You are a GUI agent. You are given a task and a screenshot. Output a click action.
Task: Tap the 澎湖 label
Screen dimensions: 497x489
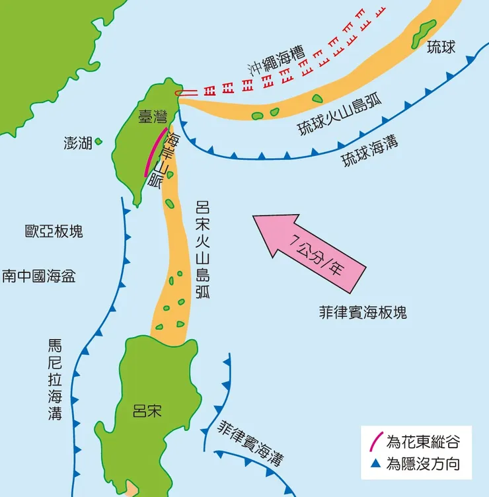[78, 143]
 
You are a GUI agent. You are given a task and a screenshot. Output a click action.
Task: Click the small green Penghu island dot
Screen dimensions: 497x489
[98, 141]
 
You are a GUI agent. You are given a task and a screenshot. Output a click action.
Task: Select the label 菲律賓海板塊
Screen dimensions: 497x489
[362, 312]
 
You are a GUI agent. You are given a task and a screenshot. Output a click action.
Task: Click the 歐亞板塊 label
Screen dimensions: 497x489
[54, 231]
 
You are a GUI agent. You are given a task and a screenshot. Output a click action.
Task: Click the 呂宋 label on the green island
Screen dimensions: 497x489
[147, 412]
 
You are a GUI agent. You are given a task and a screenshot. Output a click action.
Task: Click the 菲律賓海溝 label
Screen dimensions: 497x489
[254, 442]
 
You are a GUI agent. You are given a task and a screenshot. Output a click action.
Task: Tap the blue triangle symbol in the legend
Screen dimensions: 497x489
[375, 465]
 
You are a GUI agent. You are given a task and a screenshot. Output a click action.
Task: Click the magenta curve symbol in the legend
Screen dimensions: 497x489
[375, 441]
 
